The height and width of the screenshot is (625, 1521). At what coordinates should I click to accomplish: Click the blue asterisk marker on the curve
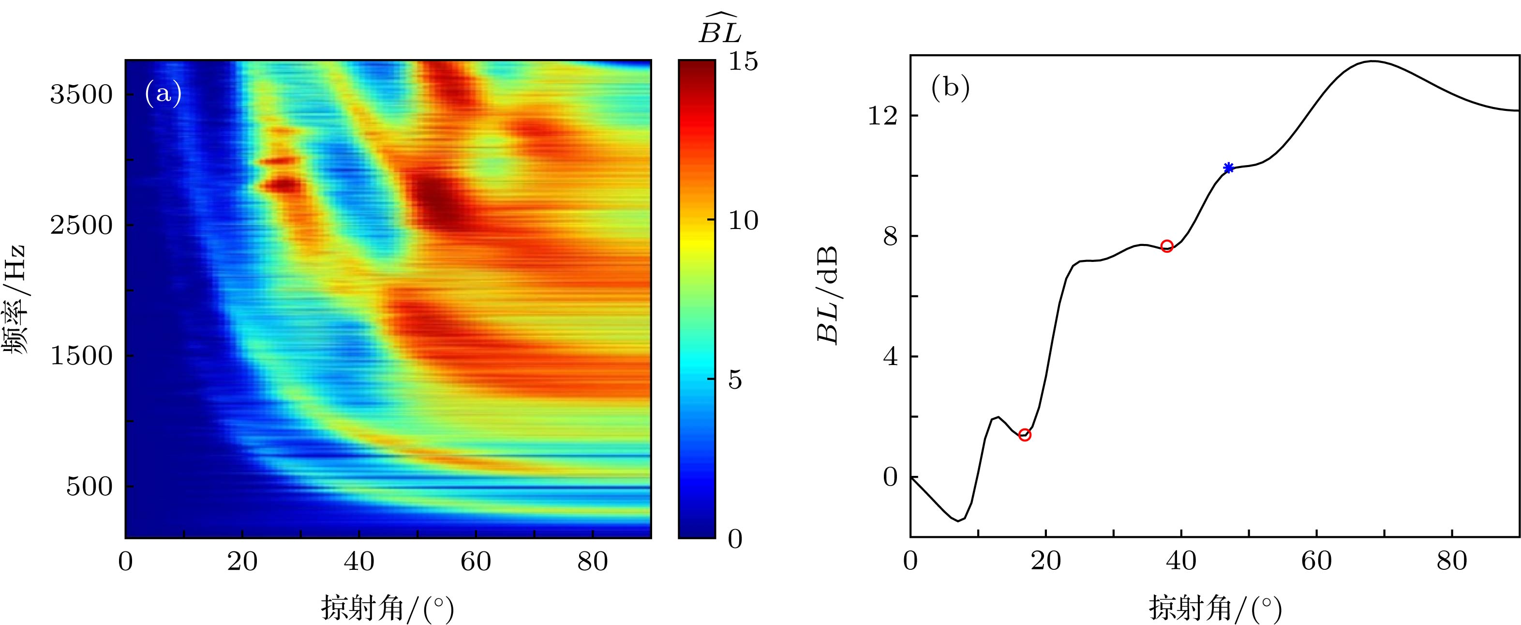(1228, 168)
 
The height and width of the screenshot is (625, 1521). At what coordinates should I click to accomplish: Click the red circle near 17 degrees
(1025, 435)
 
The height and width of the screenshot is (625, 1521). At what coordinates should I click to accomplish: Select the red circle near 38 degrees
(1166, 246)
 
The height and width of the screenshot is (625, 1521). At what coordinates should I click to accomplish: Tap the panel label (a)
(163, 94)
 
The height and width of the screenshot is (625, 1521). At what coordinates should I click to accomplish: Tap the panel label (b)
(950, 88)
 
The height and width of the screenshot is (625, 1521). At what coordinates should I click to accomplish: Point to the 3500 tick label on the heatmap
(81, 94)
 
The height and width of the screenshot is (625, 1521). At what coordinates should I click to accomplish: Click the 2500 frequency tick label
(81, 225)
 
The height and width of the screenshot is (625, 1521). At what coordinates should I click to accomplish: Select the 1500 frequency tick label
(81, 356)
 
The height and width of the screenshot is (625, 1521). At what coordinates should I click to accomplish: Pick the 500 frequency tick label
(89, 487)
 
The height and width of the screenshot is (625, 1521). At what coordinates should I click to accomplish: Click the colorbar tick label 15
(743, 61)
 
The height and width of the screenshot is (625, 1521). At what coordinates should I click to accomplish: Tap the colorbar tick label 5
(734, 380)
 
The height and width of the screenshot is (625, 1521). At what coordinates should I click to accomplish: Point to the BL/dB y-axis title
(827, 295)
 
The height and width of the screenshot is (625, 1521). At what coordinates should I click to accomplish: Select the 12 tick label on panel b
(881, 116)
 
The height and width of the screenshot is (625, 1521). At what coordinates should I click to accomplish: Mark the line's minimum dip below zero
(958, 520)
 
